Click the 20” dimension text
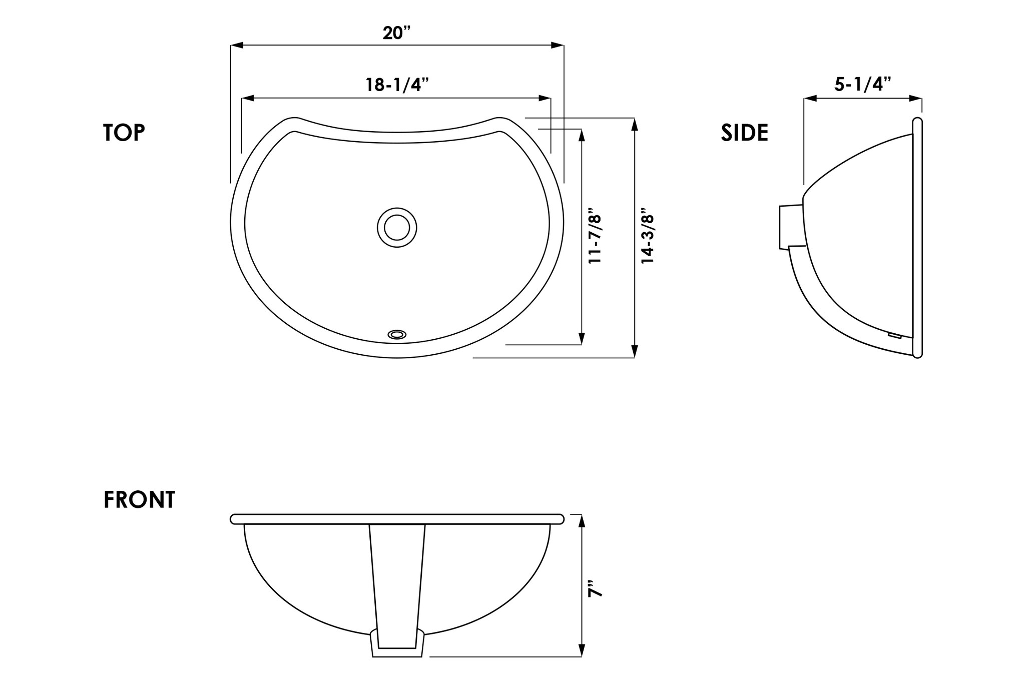pos(396,33)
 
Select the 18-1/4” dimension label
pos(397,85)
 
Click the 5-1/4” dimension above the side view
pos(863,84)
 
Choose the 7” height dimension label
pos(595,589)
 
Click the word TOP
pos(124,133)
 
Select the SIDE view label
pos(744,133)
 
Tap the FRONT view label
pos(139,499)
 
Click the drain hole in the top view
pos(397,228)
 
